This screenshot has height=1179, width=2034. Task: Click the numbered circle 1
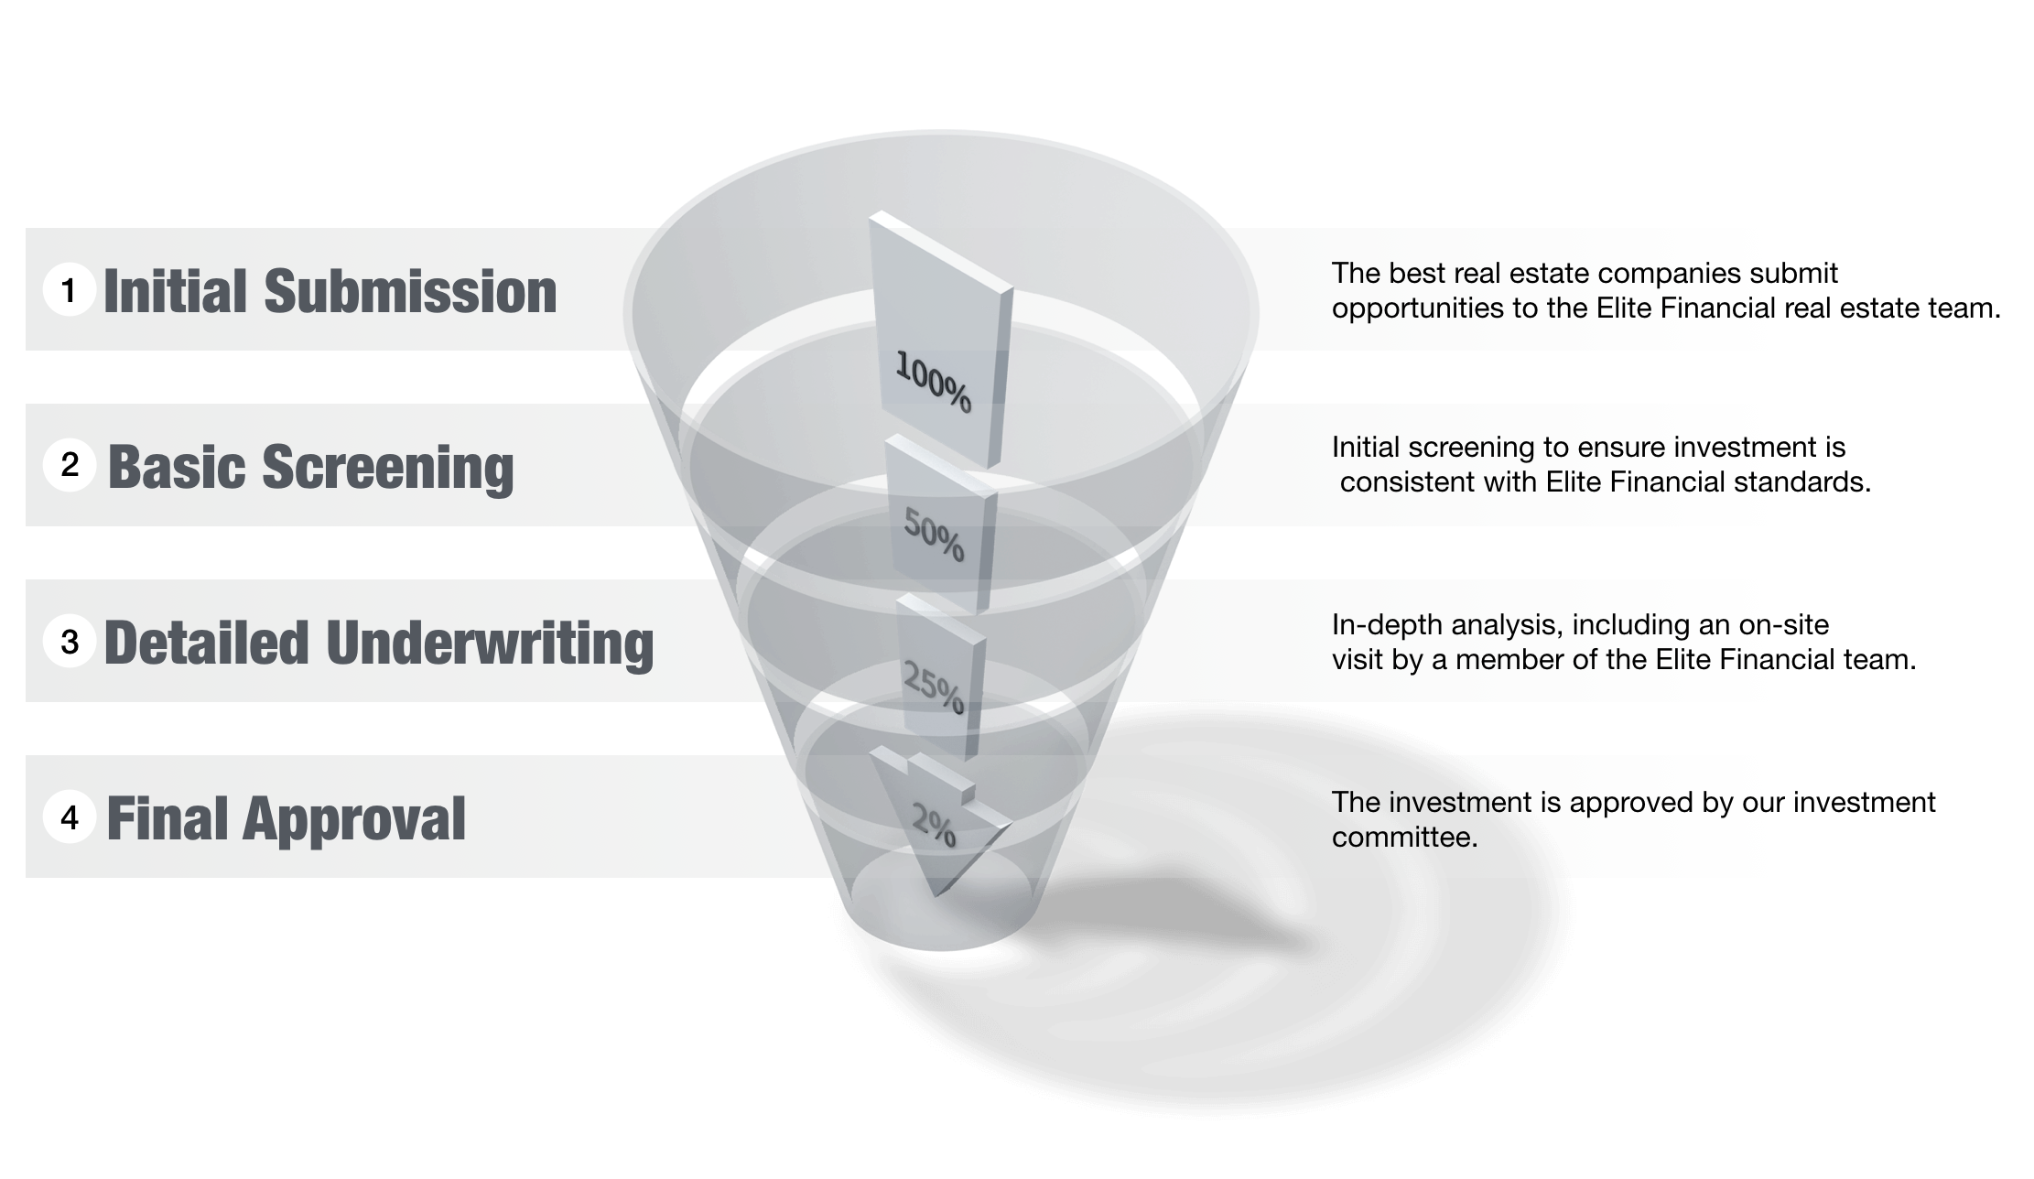pyautogui.click(x=69, y=290)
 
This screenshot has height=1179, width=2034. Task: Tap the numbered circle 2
pyautogui.click(x=70, y=465)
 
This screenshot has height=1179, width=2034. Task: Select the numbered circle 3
pyautogui.click(x=70, y=642)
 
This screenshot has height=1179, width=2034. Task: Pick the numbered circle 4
pyautogui.click(x=70, y=817)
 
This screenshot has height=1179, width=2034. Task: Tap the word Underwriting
pyautogui.click(x=490, y=643)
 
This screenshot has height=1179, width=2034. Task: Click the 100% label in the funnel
pyautogui.click(x=933, y=382)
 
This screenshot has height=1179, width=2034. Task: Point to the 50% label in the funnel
pyautogui.click(x=934, y=535)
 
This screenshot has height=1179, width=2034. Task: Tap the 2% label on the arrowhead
pyautogui.click(x=934, y=825)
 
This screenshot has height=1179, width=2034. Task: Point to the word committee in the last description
pyautogui.click(x=1404, y=838)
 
